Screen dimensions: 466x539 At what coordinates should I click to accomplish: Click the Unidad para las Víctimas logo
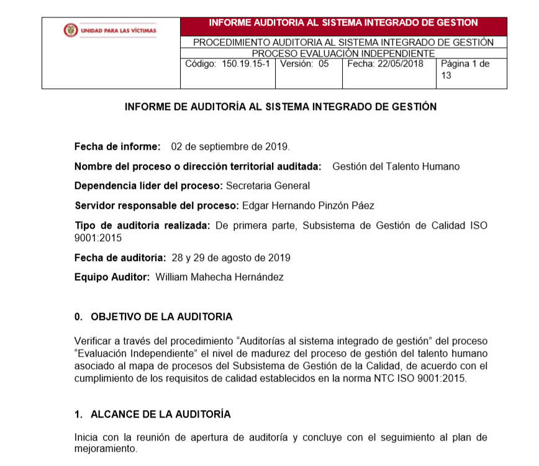pos(111,30)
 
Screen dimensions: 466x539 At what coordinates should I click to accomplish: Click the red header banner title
pos(343,23)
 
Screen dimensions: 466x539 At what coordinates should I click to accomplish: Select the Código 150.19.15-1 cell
pos(227,64)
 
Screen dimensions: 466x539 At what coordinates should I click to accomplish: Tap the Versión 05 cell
pos(304,64)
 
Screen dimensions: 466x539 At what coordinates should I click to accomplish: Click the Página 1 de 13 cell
pos(466,70)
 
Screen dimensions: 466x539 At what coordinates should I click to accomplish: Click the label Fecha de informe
pos(117,147)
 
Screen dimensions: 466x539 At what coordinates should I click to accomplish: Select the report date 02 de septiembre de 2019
pos(230,147)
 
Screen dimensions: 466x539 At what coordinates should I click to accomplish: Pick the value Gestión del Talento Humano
pos(396,167)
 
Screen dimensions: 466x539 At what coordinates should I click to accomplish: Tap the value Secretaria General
pos(268,186)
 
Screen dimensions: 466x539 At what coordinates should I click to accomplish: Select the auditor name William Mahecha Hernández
pos(219,277)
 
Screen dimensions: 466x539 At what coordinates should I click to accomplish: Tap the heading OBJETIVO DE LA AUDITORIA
pos(161,317)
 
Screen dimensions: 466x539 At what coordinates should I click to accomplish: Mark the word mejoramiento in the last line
pos(104,448)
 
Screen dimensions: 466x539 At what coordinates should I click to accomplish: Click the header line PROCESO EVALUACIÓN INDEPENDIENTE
pos(343,53)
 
